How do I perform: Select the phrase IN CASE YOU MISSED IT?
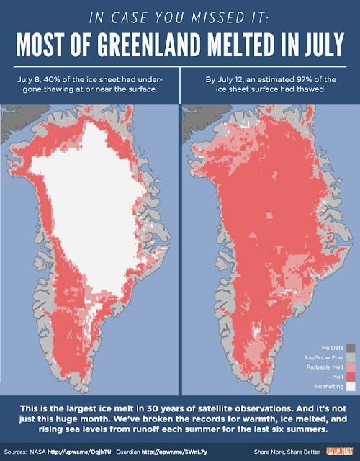pyautogui.click(x=180, y=16)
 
